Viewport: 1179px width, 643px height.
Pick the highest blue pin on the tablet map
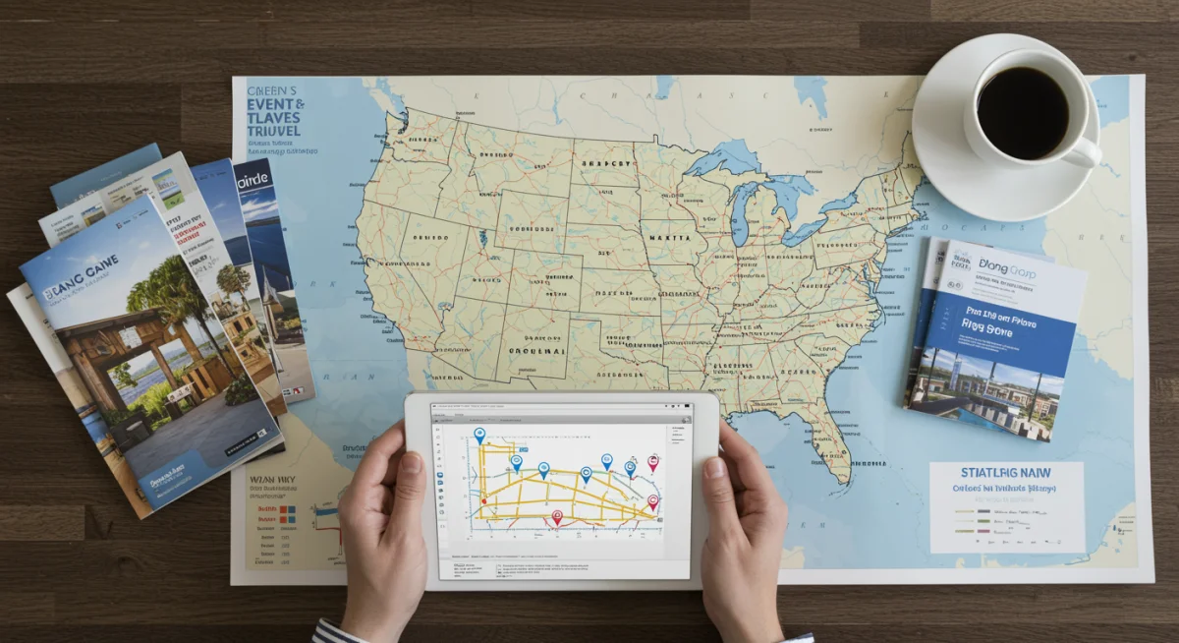pyautogui.click(x=479, y=435)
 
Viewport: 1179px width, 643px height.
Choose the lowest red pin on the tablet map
pyautogui.click(x=557, y=517)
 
